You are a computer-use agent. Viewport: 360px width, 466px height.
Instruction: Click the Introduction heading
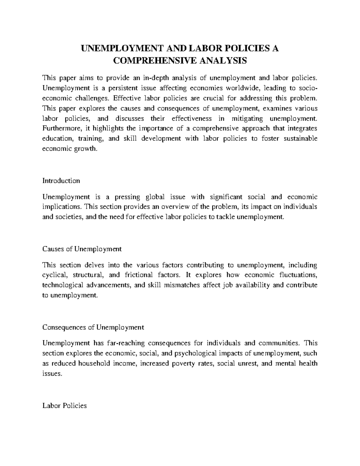(61, 181)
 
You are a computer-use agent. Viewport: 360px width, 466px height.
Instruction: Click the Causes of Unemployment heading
(82, 249)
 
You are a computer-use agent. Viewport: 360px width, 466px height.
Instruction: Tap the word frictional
(138, 275)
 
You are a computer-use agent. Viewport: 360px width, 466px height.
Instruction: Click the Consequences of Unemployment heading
(93, 327)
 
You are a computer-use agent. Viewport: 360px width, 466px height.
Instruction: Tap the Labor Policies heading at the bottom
(64, 406)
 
